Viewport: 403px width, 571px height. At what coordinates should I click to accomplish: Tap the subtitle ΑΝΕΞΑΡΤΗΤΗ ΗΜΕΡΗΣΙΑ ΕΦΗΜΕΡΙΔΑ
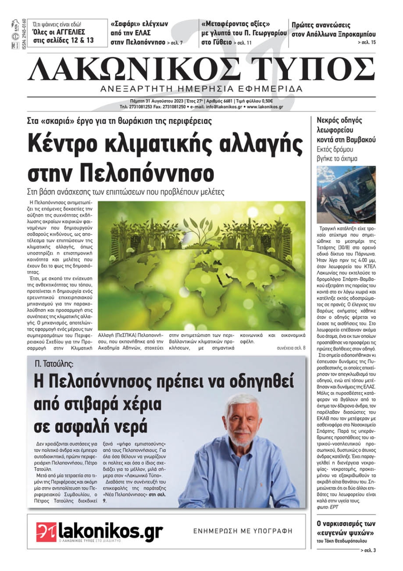[x=201, y=89]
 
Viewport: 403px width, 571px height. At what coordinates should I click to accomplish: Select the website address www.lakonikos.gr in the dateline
[x=265, y=107]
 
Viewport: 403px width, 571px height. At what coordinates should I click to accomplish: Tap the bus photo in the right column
[x=346, y=195]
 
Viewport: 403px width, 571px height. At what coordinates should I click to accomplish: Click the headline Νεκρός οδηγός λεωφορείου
[x=346, y=130]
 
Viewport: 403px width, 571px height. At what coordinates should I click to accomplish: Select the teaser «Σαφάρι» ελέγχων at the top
[x=139, y=24]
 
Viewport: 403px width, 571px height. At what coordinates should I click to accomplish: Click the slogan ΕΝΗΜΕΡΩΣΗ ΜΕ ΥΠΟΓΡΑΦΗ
[x=243, y=531]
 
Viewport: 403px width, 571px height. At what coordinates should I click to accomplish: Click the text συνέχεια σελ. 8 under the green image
[x=291, y=348]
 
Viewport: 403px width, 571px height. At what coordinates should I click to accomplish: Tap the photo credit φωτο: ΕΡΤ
[x=328, y=507]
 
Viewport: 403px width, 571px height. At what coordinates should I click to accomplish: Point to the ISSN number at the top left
[x=24, y=34]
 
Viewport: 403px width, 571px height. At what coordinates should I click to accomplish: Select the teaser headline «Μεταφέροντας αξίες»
[x=235, y=24]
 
